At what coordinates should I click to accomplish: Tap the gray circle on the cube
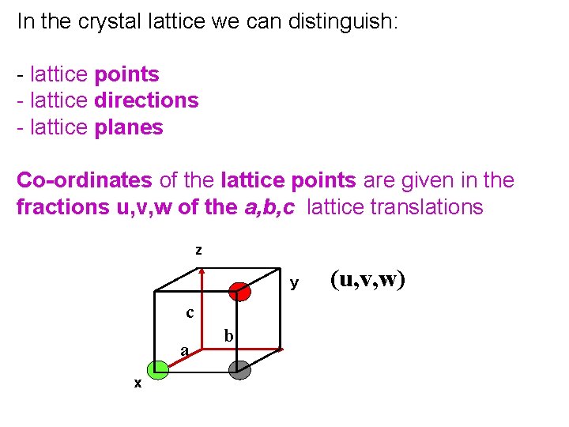coord(239,369)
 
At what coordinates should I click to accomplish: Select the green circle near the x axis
coord(156,368)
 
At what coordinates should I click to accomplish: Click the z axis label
coord(198,251)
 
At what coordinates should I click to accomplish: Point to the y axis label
coord(294,282)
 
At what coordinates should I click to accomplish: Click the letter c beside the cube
coord(190,312)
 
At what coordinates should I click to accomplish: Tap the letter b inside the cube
coord(228,336)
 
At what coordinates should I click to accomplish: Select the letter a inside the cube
coord(184,350)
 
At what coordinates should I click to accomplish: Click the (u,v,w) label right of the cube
coord(367,279)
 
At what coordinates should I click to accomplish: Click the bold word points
coord(126,74)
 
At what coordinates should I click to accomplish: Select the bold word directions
coord(146,100)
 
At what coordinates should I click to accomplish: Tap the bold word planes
coord(128,127)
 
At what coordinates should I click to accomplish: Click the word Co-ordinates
coord(84,180)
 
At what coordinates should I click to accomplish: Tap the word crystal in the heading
coord(105,21)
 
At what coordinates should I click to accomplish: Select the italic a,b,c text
coord(268,207)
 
